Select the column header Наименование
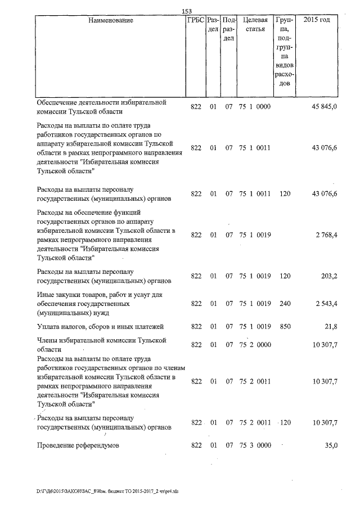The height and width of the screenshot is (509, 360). pyautogui.click(x=111, y=21)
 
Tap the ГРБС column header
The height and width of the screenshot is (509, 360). pyautogui.click(x=195, y=21)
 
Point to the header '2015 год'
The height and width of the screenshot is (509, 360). pyautogui.click(x=317, y=21)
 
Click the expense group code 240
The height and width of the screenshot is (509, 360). pyautogui.click(x=285, y=304)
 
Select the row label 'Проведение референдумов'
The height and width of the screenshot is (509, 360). pyautogui.click(x=78, y=446)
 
